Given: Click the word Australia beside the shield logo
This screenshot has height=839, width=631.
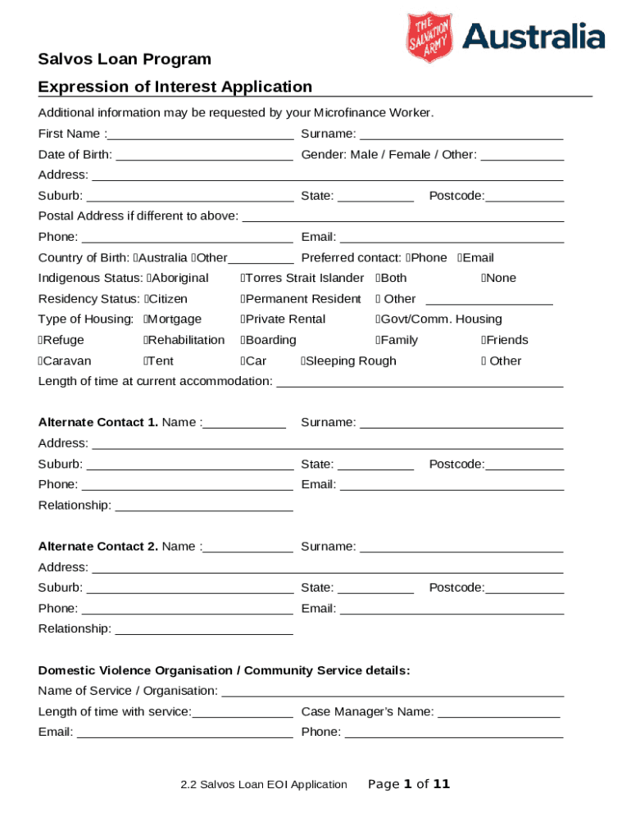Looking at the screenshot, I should point(533,37).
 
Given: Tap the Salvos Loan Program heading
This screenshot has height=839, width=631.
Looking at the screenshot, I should point(125,59).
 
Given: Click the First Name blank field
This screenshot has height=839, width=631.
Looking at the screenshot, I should point(200,134).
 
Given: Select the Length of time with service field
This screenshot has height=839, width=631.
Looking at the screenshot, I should point(242,711).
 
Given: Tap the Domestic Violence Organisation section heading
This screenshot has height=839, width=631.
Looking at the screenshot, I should point(224,671).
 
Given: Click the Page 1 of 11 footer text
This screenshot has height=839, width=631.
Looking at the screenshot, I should point(409,784).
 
